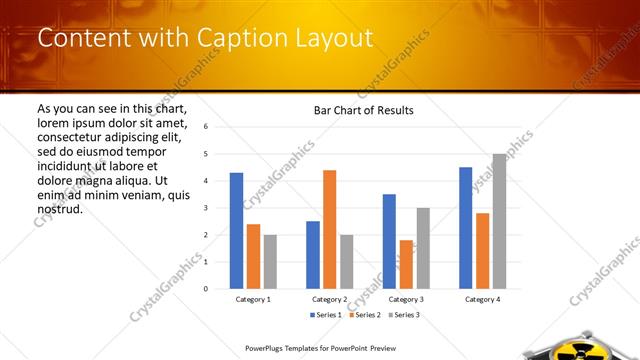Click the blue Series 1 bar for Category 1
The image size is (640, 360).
(x=236, y=231)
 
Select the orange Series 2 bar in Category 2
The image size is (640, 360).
(x=329, y=229)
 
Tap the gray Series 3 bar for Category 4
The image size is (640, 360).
(x=499, y=221)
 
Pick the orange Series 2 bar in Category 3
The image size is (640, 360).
(x=406, y=264)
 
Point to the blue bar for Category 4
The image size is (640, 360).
(x=465, y=228)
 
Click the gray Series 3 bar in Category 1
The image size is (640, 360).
(x=270, y=261)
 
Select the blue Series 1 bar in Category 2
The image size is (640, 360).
(x=312, y=255)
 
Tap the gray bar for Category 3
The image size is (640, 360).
(x=423, y=248)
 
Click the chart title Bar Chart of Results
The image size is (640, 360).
(x=357, y=110)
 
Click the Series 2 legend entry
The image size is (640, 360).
(x=361, y=315)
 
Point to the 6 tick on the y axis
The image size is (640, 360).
(x=204, y=127)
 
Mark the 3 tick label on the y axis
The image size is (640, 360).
(x=204, y=208)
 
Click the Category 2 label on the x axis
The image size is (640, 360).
(x=329, y=299)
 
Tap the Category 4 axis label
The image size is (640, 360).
(x=482, y=299)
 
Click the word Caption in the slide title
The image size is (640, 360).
(x=237, y=38)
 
